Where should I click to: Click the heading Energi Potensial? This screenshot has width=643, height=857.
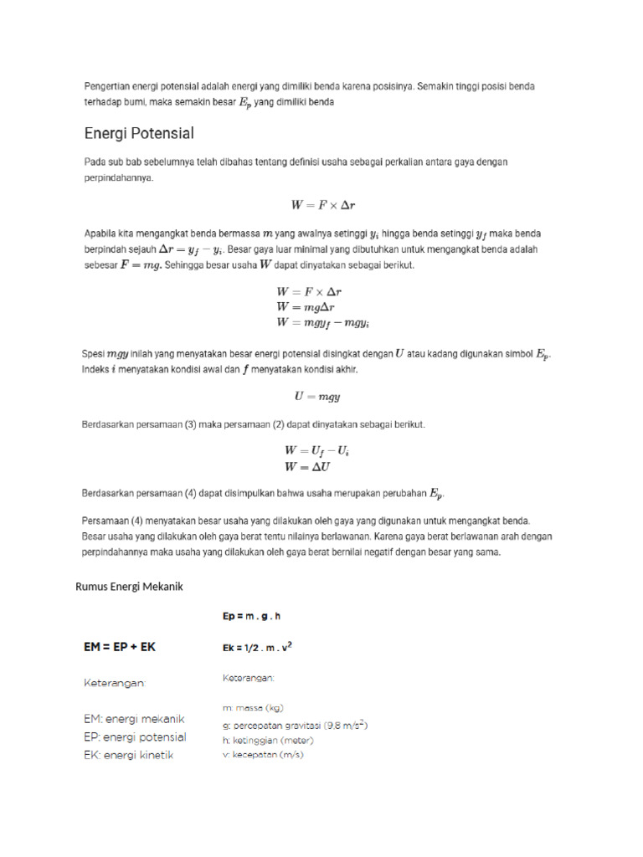[139, 133]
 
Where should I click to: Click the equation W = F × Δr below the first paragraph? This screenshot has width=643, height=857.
[321, 203]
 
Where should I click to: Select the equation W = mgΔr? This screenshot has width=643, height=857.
[308, 306]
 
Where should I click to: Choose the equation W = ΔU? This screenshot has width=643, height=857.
[307, 467]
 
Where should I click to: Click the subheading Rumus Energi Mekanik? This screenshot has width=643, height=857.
[129, 587]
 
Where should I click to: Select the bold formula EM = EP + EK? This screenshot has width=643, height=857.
[120, 647]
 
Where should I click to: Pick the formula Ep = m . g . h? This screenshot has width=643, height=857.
[251, 616]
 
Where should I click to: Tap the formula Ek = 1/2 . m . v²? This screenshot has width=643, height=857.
[257, 647]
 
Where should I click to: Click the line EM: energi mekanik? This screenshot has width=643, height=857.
[134, 719]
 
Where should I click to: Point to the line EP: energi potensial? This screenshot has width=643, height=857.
[135, 737]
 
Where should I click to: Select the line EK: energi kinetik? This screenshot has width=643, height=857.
[128, 756]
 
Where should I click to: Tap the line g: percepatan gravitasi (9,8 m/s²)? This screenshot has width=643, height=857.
[296, 725]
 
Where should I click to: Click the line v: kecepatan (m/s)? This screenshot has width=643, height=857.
[263, 756]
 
